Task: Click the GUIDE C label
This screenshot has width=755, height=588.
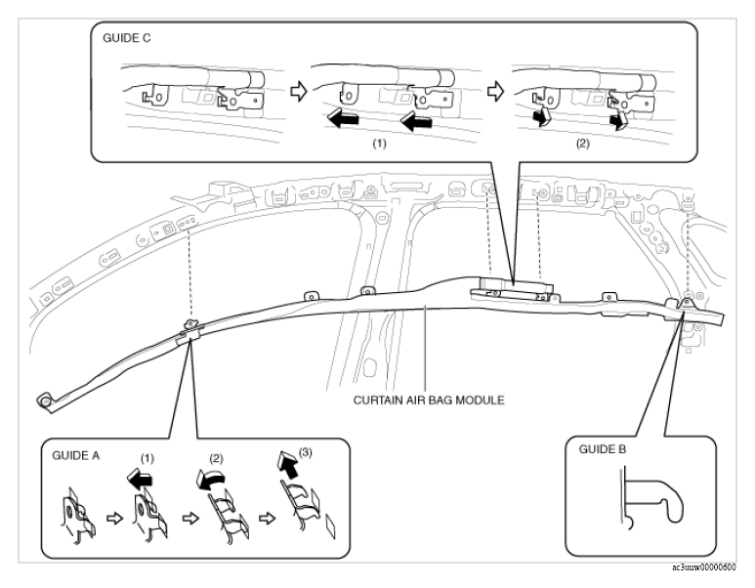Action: (127, 38)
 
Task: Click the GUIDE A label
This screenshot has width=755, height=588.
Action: (76, 455)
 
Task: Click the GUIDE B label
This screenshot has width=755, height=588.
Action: (603, 449)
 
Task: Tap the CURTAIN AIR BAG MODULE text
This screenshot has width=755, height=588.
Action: (429, 400)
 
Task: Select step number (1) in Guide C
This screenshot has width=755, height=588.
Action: (379, 144)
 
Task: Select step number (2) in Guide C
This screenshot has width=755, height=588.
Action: (583, 144)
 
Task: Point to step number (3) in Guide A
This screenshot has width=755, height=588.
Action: (306, 452)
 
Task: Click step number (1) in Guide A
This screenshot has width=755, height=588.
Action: (147, 458)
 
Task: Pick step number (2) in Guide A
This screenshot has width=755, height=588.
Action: (216, 458)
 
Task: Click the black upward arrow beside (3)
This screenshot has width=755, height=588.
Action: (287, 464)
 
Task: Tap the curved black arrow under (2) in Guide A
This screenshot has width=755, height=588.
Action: (210, 480)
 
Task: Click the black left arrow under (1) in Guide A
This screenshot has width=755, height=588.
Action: (140, 480)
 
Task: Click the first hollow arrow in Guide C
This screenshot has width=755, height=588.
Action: (299, 91)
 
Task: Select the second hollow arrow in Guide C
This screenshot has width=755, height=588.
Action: (495, 91)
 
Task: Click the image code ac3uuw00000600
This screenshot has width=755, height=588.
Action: (704, 567)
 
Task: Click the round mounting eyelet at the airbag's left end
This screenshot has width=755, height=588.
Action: (45, 401)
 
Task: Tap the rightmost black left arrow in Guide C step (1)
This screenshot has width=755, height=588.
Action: (416, 121)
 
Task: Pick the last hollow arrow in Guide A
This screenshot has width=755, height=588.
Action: (267, 519)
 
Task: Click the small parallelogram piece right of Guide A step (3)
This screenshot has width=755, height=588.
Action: (330, 526)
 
